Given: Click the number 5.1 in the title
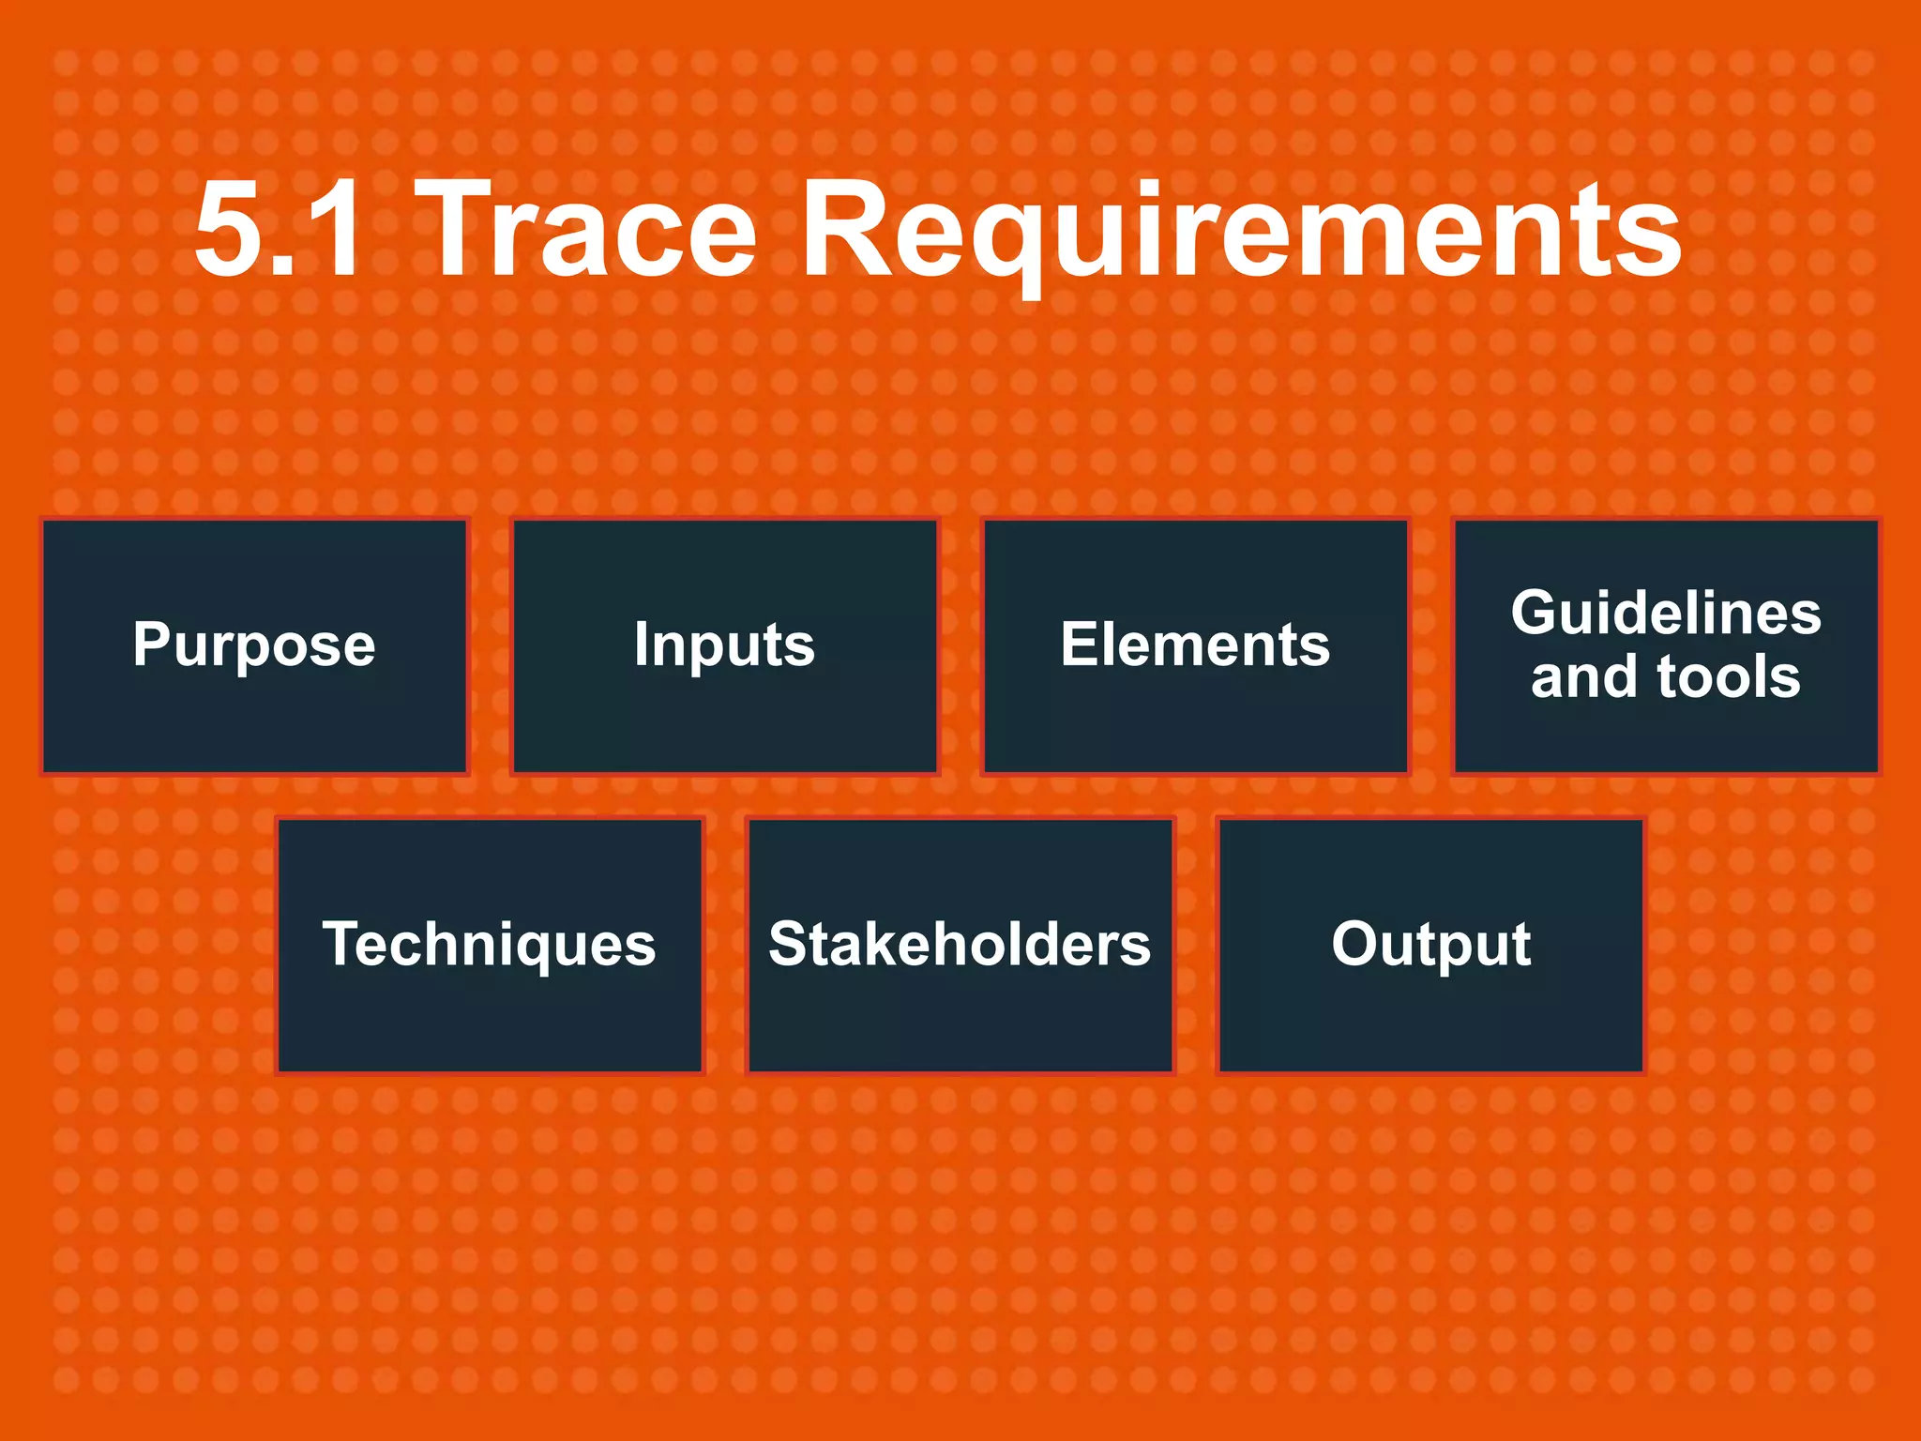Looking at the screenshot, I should click(278, 231).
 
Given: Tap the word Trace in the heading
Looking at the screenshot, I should click(591, 231).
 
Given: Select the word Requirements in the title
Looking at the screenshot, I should click(1240, 231).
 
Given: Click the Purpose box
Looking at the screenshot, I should click(254, 645).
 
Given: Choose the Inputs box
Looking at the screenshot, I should click(724, 645).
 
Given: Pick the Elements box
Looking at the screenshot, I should click(1195, 645).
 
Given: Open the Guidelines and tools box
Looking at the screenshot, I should click(1666, 645).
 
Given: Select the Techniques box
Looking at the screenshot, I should click(489, 945).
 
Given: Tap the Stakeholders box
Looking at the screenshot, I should click(960, 945).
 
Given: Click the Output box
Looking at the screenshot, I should click(1430, 945).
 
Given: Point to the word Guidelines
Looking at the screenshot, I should click(1666, 614).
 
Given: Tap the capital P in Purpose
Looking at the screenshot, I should click(153, 645).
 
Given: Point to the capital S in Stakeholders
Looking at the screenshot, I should click(791, 944).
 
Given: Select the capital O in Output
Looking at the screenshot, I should click(1358, 944).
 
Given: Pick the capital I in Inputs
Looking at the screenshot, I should click(642, 645).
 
